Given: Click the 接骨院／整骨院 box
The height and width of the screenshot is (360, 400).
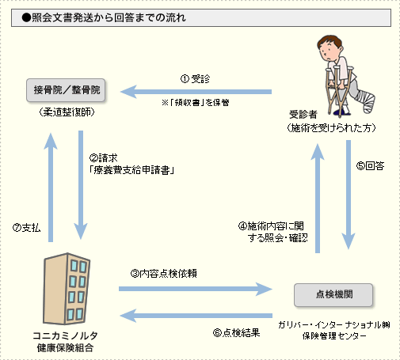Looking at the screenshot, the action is pos(66,90).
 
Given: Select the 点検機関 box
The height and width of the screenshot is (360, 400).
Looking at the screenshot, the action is pos(333,295).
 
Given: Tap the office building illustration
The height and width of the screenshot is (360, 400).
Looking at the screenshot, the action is pos(67,289).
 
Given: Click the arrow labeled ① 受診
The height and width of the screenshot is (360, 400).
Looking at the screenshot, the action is pos(196,92).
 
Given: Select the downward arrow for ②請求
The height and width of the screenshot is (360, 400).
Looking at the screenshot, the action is pos(81,184).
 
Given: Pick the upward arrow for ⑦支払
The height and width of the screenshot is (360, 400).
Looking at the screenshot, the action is pos(51,188).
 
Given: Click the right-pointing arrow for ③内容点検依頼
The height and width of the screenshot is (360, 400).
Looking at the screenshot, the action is pos(196,289).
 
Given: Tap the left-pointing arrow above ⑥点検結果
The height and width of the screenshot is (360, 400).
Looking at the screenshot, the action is pos(196,316).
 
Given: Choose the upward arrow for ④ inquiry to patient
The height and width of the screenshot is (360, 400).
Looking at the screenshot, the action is pos(318,199).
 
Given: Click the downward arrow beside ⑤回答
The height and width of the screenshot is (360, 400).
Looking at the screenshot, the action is pos(349,195).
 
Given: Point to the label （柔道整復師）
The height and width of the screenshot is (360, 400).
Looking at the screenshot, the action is pos(67,112).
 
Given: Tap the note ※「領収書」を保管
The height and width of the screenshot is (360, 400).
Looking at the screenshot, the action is pos(196,102).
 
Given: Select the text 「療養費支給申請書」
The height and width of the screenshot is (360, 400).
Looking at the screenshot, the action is pos(131,170).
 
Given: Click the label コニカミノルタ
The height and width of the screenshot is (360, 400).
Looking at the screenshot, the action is pos(65,335).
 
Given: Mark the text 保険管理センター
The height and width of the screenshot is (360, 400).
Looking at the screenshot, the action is pos(334,335).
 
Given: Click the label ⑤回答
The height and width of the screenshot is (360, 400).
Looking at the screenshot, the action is pos(370,165).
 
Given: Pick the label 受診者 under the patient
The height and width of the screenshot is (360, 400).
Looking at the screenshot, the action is pos(303,115).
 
